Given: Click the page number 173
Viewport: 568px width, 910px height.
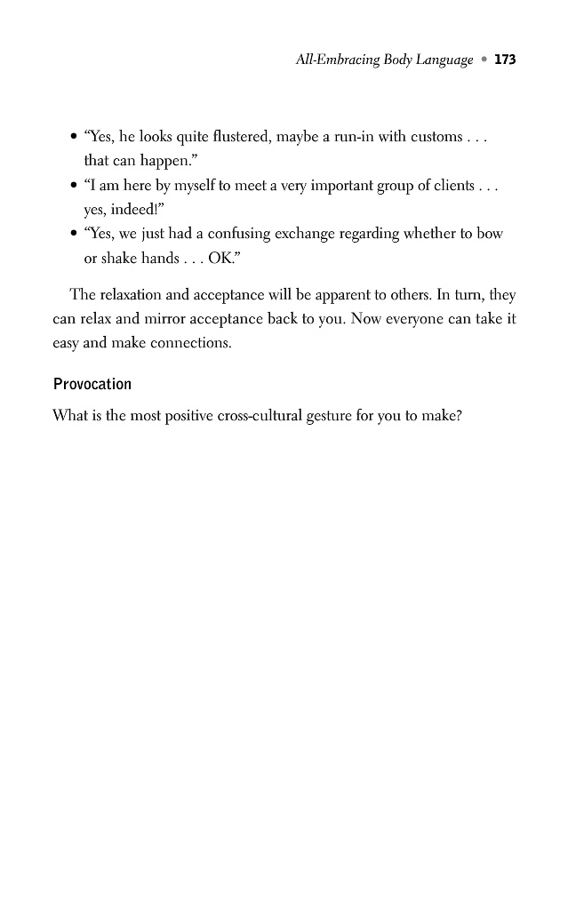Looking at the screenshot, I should [x=505, y=60].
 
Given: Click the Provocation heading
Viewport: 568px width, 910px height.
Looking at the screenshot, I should [x=92, y=384].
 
